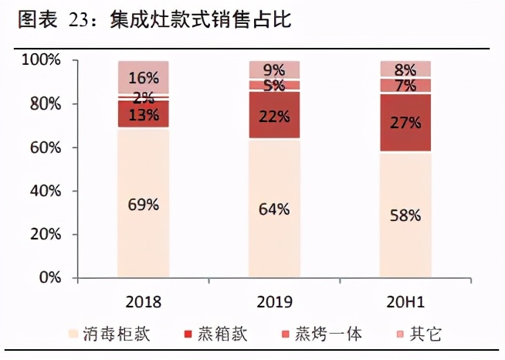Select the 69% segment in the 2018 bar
144,205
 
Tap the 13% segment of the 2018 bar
144,114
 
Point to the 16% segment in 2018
144,77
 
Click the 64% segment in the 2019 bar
274,209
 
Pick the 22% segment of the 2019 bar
274,115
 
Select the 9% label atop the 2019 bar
274,70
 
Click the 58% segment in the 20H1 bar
405,215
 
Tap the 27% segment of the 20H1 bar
405,122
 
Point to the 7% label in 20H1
405,86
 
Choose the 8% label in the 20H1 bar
405,69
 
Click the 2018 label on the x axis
144,299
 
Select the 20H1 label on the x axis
405,299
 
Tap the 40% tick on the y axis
43,191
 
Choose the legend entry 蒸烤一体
324,334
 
